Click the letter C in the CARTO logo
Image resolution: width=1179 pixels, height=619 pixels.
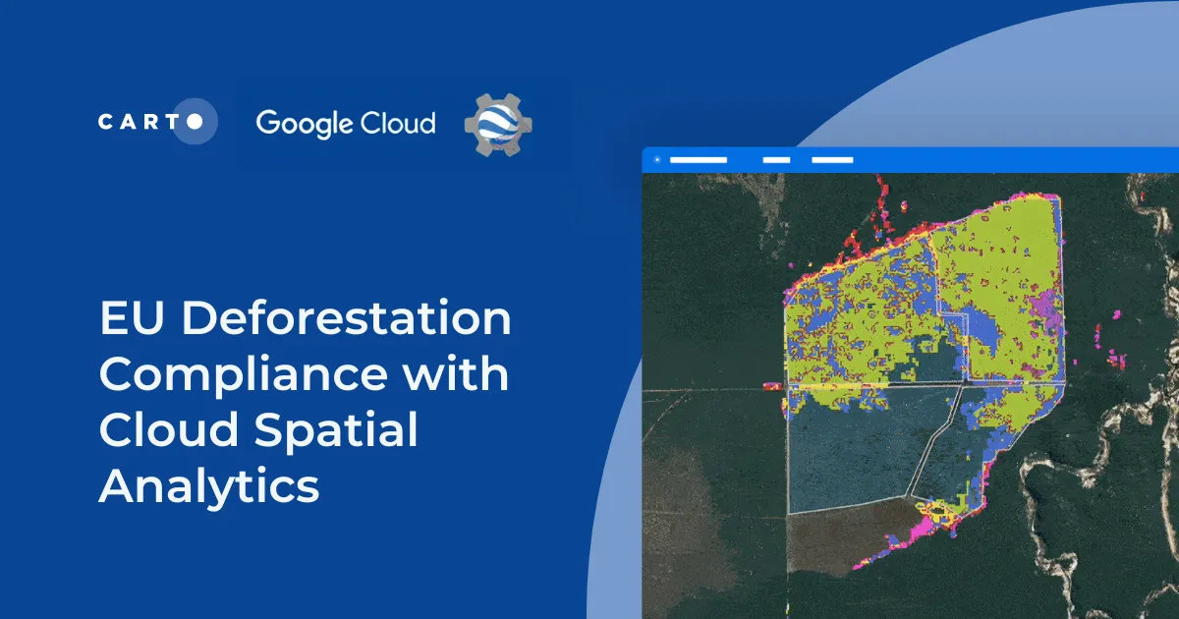click(105, 122)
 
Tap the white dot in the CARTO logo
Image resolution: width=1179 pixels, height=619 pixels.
click(196, 122)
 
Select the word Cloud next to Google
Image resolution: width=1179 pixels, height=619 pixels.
click(395, 123)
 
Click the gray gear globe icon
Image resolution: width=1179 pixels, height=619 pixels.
click(497, 125)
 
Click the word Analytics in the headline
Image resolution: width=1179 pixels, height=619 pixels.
click(209, 487)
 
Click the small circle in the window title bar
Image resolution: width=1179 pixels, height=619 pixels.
click(656, 159)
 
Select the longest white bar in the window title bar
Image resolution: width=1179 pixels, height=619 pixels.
click(698, 159)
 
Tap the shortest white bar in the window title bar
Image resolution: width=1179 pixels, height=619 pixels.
click(776, 159)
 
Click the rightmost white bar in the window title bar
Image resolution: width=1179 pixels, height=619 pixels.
click(832, 159)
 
